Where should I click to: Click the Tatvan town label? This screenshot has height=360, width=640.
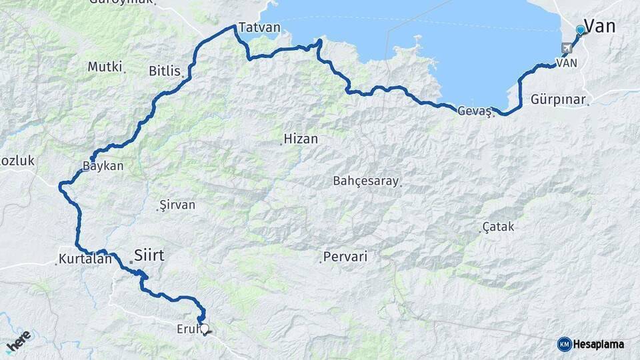259,28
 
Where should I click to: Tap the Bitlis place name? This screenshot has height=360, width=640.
165,70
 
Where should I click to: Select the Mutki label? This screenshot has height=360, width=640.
105,67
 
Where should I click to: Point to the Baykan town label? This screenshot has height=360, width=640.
103,166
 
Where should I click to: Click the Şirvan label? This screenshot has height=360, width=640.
178,205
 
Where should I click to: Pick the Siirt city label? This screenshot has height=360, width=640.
149,255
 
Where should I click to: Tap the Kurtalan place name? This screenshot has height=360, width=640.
85,259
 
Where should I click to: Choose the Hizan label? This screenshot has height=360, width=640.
301,139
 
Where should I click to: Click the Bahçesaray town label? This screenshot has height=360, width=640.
365,181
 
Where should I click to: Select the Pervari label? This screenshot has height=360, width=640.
345,256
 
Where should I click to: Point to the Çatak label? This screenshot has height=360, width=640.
499,227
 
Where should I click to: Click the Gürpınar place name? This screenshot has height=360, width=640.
559,99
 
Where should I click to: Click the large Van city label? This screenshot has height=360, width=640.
599,26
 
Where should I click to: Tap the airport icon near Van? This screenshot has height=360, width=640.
567,48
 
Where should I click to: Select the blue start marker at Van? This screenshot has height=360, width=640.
580,30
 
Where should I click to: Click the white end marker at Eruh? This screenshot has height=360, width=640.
205,328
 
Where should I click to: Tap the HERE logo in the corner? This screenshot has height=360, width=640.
19,341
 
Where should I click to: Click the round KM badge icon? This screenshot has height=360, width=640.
564,344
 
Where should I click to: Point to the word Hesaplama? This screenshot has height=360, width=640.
599,345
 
